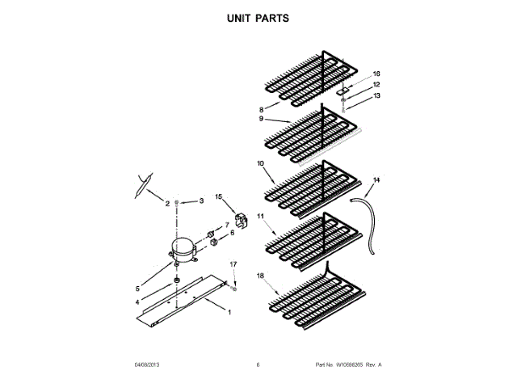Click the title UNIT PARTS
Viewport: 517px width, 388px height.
(258, 17)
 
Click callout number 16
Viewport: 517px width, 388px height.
(376, 74)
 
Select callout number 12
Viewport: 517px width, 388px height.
(376, 84)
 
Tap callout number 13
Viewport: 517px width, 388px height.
(376, 95)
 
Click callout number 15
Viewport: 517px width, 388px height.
(218, 196)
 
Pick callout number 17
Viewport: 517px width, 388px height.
(233, 264)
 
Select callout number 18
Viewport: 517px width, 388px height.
(261, 276)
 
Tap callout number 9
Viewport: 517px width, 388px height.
(262, 119)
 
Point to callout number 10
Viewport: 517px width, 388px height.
(260, 163)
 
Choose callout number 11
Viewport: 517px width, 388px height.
(260, 217)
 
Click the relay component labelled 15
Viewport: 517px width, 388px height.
(240, 218)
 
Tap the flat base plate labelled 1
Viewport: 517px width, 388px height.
(194, 299)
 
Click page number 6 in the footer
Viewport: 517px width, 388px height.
(258, 365)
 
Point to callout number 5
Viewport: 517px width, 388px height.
(137, 289)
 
